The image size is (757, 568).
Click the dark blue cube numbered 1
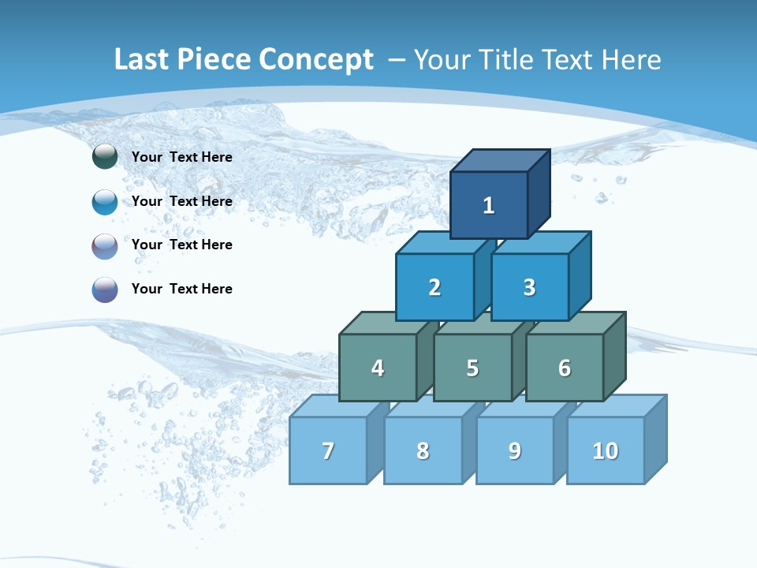(489, 205)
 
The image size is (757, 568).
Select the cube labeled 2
(434, 287)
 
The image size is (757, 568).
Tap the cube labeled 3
(529, 287)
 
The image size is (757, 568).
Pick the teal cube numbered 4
(378, 368)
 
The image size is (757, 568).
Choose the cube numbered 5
(472, 368)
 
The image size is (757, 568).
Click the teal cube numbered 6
(565, 368)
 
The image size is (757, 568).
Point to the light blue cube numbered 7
(328, 450)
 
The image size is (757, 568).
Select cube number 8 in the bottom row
(423, 450)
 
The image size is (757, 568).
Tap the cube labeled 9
(515, 450)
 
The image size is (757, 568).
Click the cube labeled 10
(606, 450)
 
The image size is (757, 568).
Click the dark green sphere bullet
(105, 156)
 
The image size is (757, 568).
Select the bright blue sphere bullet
(105, 201)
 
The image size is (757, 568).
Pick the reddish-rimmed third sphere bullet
(105, 245)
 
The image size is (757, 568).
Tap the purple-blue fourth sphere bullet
(105, 290)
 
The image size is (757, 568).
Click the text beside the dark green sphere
(182, 157)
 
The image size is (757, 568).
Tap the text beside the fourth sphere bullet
(182, 289)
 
